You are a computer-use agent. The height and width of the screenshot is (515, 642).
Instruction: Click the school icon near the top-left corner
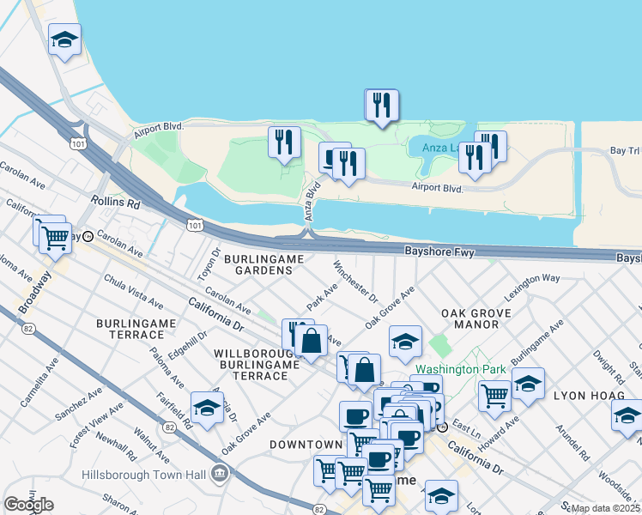[64, 40]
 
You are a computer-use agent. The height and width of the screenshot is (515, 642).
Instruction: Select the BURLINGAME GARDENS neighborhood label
[257, 264]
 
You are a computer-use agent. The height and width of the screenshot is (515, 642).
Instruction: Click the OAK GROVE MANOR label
[469, 319]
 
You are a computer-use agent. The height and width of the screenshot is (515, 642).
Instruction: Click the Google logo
[28, 505]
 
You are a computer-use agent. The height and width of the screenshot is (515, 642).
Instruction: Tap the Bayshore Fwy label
[439, 251]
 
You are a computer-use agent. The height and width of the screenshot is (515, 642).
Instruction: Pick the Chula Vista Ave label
[133, 291]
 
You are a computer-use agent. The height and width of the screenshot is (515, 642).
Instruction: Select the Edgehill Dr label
[189, 346]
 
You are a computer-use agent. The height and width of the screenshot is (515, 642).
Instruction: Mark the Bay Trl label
[625, 150]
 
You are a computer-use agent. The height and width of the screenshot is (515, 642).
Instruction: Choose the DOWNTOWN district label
[306, 445]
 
